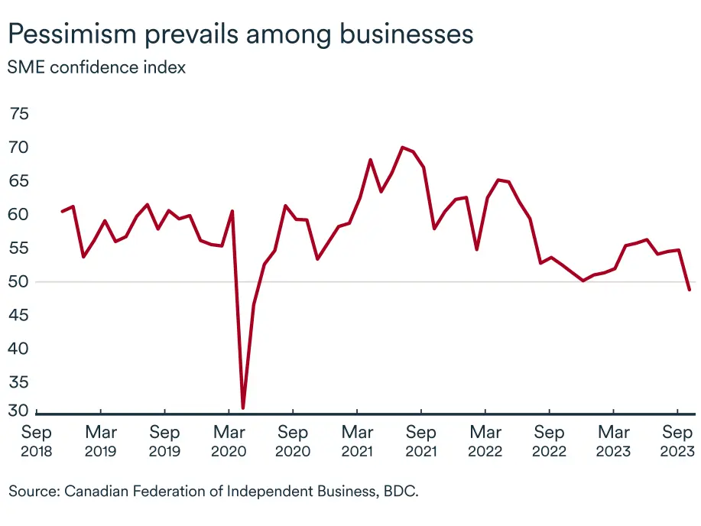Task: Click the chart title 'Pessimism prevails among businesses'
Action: click(x=239, y=34)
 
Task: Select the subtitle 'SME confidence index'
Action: click(x=97, y=67)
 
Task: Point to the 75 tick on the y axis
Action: click(x=19, y=114)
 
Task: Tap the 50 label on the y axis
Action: click(x=19, y=282)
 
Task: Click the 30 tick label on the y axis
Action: click(x=19, y=411)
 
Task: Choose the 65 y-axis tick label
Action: click(x=19, y=181)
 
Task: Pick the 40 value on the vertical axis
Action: click(x=19, y=349)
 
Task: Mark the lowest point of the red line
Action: click(x=243, y=407)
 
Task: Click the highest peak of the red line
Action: click(x=403, y=148)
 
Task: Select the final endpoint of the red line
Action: click(x=690, y=290)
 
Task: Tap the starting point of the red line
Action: click(x=62, y=211)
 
